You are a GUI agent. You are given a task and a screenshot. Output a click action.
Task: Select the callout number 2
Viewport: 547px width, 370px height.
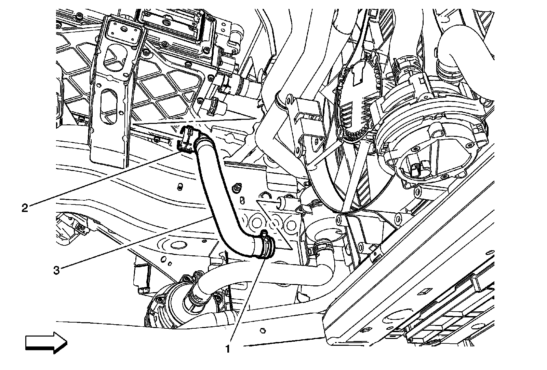tap(25, 208)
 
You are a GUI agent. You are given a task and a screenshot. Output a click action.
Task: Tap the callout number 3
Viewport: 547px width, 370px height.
tap(56, 270)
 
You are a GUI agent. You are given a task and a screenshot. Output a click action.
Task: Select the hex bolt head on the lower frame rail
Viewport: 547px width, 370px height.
tap(263, 331)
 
